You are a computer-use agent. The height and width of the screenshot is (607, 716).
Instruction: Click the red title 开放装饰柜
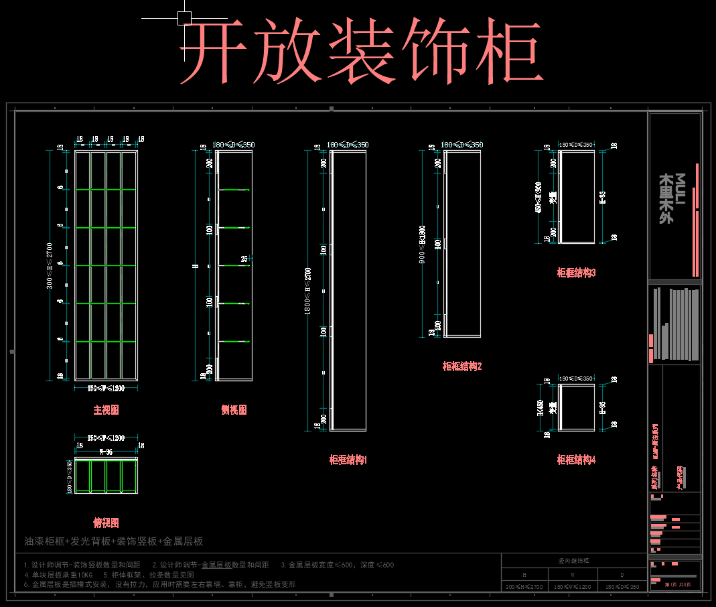click(360, 52)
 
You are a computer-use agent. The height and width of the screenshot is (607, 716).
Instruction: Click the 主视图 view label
click(106, 410)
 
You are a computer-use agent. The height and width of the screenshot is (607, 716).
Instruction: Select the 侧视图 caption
click(234, 410)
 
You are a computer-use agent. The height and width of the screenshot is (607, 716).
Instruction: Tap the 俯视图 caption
click(106, 523)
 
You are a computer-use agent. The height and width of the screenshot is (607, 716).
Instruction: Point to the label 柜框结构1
click(348, 460)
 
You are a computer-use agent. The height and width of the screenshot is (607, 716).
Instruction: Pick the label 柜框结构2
click(462, 366)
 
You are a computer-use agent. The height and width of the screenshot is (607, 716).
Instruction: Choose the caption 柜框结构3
click(576, 273)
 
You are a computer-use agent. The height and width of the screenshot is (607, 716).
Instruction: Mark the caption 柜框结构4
click(576, 460)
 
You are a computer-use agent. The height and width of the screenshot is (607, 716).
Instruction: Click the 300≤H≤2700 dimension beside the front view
click(50, 265)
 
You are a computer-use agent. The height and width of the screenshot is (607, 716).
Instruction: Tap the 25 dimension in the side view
click(244, 259)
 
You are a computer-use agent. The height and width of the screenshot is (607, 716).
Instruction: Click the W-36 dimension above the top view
click(106, 452)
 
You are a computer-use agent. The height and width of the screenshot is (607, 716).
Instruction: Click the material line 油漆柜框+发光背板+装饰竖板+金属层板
click(114, 541)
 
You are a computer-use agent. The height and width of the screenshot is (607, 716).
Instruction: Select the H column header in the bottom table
click(524, 575)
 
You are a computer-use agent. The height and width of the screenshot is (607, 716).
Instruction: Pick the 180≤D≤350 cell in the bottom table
click(622, 586)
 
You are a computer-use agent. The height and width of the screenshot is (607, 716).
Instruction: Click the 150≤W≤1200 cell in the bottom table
click(572, 586)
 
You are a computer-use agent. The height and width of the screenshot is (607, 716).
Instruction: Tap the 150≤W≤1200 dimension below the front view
click(106, 389)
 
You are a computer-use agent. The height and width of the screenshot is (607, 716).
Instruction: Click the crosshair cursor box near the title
click(184, 18)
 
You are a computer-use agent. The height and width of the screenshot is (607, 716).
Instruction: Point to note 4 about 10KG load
click(60, 575)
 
